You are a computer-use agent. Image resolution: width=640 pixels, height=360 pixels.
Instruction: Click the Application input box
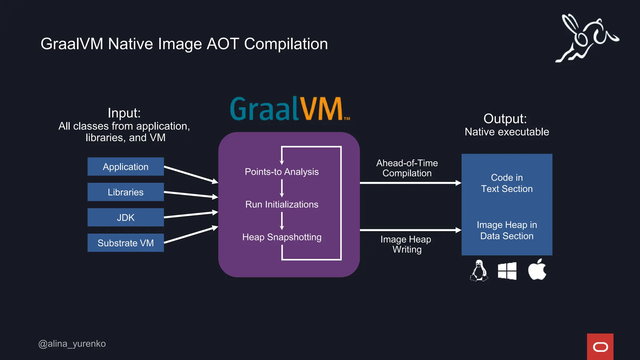tap(125, 167)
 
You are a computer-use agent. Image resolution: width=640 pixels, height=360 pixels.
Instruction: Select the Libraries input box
tap(125, 192)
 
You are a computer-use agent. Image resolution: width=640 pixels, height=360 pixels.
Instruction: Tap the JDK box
tap(125, 217)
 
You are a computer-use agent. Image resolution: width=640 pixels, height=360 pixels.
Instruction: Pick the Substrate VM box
tap(125, 243)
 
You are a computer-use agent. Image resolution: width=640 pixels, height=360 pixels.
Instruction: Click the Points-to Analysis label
tap(282, 172)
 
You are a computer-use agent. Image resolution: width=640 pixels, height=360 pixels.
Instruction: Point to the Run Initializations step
tap(282, 204)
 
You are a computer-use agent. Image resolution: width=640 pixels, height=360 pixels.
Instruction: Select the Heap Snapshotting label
tap(282, 237)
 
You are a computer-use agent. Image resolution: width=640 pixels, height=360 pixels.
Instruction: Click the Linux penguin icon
tap(479, 271)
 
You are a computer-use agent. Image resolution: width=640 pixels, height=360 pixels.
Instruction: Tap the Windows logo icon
tap(507, 271)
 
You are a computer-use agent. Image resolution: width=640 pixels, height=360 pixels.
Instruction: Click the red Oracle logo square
tap(600, 347)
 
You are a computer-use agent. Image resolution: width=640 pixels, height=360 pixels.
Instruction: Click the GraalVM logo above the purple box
tap(289, 109)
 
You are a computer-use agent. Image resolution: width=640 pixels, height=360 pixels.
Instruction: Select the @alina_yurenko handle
tap(72, 343)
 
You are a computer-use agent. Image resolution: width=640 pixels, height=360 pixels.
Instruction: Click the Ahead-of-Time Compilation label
tap(407, 168)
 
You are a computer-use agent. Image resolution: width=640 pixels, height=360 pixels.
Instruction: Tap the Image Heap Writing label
tap(406, 244)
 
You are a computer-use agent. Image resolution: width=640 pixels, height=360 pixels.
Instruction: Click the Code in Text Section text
tap(507, 183)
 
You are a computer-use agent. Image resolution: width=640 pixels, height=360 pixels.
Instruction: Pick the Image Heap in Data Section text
tap(507, 230)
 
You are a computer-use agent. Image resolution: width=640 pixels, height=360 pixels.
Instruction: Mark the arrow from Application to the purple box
tap(191, 174)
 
